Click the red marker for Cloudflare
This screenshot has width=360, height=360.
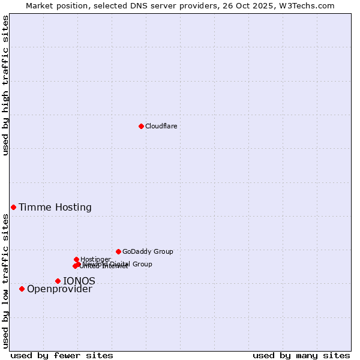pos(141,126)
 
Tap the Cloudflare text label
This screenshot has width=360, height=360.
pos(161,126)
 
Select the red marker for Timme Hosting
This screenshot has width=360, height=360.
pos(13,207)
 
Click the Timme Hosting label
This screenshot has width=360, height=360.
pos(55,208)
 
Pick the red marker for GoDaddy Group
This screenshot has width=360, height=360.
pos(118,251)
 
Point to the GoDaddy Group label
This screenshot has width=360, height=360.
pos(148,252)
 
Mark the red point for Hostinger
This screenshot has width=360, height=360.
pos(76,259)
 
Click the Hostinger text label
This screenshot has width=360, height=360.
pos(95,259)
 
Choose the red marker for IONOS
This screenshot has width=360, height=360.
pos(58,281)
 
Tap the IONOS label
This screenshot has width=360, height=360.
pos(79,281)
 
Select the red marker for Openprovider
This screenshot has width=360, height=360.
pos(22,289)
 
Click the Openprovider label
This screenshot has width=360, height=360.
pos(59,289)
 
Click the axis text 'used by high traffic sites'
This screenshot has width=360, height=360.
pos(6,85)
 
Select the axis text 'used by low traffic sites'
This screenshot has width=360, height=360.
pos(6,281)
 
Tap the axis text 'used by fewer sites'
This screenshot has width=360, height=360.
pos(62,356)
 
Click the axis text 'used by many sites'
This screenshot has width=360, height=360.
pos(301,356)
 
